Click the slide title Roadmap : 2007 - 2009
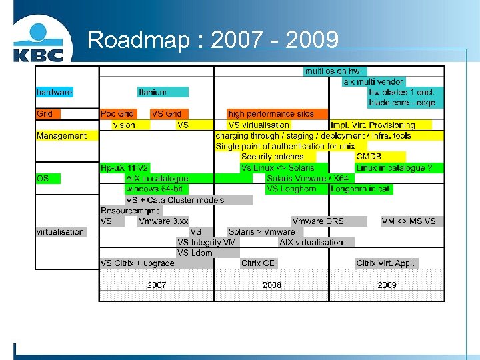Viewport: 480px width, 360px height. (x=213, y=40)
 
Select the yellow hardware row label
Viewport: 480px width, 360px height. (x=55, y=92)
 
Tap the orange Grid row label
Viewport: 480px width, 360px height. (x=45, y=114)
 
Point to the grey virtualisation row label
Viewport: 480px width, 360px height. (x=61, y=232)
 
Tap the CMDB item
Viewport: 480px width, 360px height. (x=369, y=157)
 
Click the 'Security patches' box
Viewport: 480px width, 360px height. (x=272, y=157)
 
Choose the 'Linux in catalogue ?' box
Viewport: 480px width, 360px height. (x=399, y=168)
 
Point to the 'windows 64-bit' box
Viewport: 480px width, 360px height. (x=154, y=189)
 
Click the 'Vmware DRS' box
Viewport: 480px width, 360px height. (x=317, y=221)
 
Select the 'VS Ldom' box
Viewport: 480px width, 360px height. (x=195, y=253)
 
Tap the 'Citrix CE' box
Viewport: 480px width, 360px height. (x=258, y=263)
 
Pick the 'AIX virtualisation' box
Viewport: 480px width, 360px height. (x=311, y=243)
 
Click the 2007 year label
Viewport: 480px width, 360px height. (x=157, y=285)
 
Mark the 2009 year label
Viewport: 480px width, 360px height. (x=387, y=285)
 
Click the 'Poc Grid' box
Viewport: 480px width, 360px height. (x=117, y=114)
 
